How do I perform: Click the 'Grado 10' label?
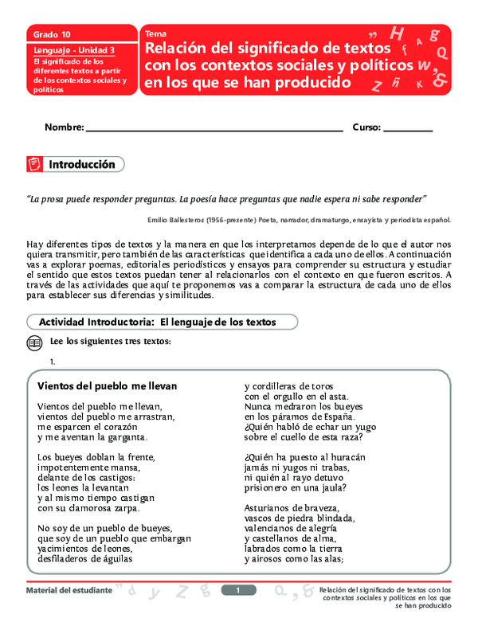click(51, 35)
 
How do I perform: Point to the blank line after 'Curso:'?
click(409, 127)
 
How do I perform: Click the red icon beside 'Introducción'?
click(34, 165)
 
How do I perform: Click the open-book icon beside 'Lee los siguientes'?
click(34, 342)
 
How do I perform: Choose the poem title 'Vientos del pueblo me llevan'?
click(108, 385)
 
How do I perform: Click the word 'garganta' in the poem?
click(126, 437)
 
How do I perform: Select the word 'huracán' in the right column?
click(345, 457)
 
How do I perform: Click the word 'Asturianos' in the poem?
click(268, 508)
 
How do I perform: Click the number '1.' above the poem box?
click(52, 362)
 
